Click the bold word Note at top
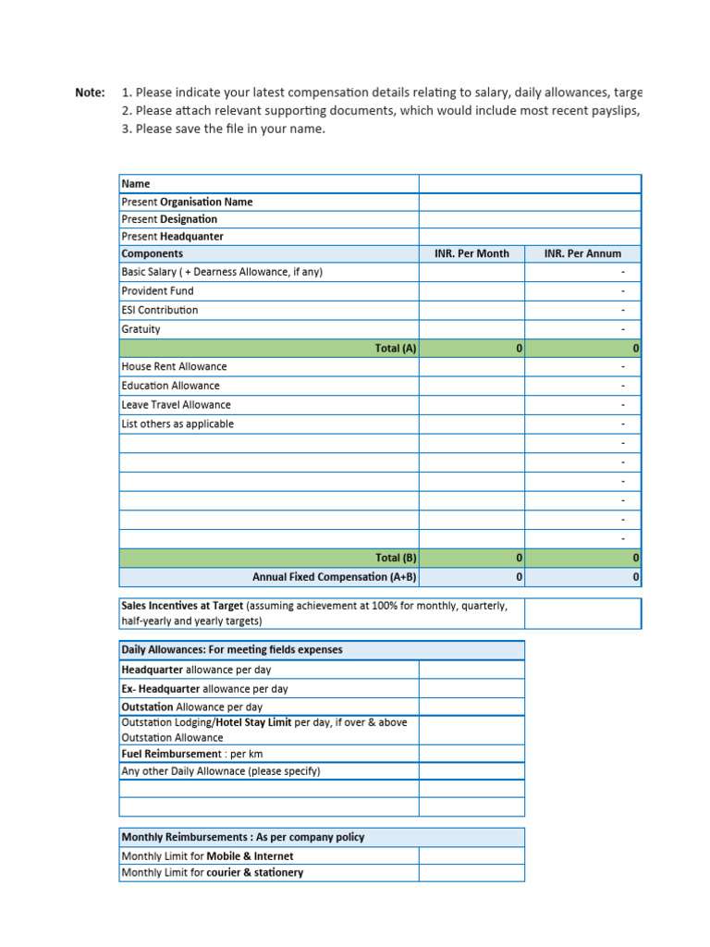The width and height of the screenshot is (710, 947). [x=90, y=92]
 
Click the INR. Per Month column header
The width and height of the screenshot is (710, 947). [x=471, y=253]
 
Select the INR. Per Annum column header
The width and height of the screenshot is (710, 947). [x=582, y=253]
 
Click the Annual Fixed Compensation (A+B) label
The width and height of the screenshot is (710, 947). [x=335, y=577]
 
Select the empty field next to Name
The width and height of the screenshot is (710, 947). [x=530, y=184]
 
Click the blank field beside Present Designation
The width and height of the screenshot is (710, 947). [x=530, y=219]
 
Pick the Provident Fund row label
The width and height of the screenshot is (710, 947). [x=157, y=291]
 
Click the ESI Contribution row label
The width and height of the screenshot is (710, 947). [x=160, y=311]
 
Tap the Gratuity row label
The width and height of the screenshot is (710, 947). [x=141, y=329]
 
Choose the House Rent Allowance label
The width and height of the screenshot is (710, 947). [x=174, y=367]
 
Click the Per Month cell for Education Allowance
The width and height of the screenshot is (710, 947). [x=471, y=387]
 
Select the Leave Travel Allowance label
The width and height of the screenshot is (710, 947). [x=176, y=405]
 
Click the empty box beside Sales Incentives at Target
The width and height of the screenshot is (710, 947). [x=582, y=613]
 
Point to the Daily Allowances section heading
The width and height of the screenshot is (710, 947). [x=232, y=650]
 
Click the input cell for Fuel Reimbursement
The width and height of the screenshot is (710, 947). [x=471, y=754]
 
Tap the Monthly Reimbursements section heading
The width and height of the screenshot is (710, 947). [x=243, y=837]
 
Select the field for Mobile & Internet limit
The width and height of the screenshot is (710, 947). [x=471, y=856]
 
